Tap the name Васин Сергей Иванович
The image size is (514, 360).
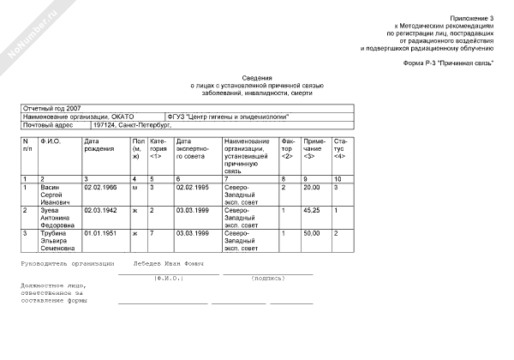coord(57,194)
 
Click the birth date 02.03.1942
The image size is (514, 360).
coord(100,209)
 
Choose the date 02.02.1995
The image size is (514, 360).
coord(193,186)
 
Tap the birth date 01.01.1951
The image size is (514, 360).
coord(100,232)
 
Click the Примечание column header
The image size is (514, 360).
coord(314,144)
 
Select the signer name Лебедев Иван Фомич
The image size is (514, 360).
coord(168,264)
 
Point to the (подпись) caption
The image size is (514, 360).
coord(268,279)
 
